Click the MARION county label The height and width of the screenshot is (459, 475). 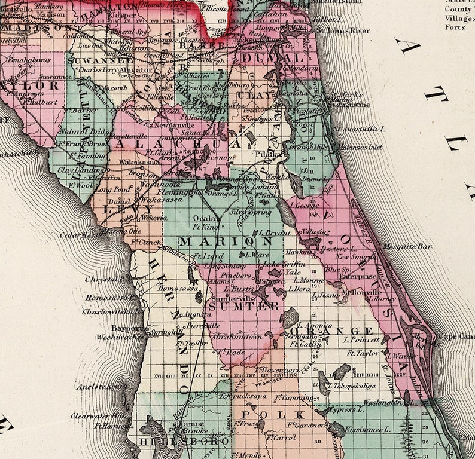coord(217,241)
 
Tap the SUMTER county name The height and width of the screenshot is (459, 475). coord(243,306)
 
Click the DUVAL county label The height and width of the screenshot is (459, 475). coord(273,58)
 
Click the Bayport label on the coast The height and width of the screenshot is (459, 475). coord(127,328)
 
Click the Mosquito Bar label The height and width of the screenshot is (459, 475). coord(408,246)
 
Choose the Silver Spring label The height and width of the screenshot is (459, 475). coord(251,212)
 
